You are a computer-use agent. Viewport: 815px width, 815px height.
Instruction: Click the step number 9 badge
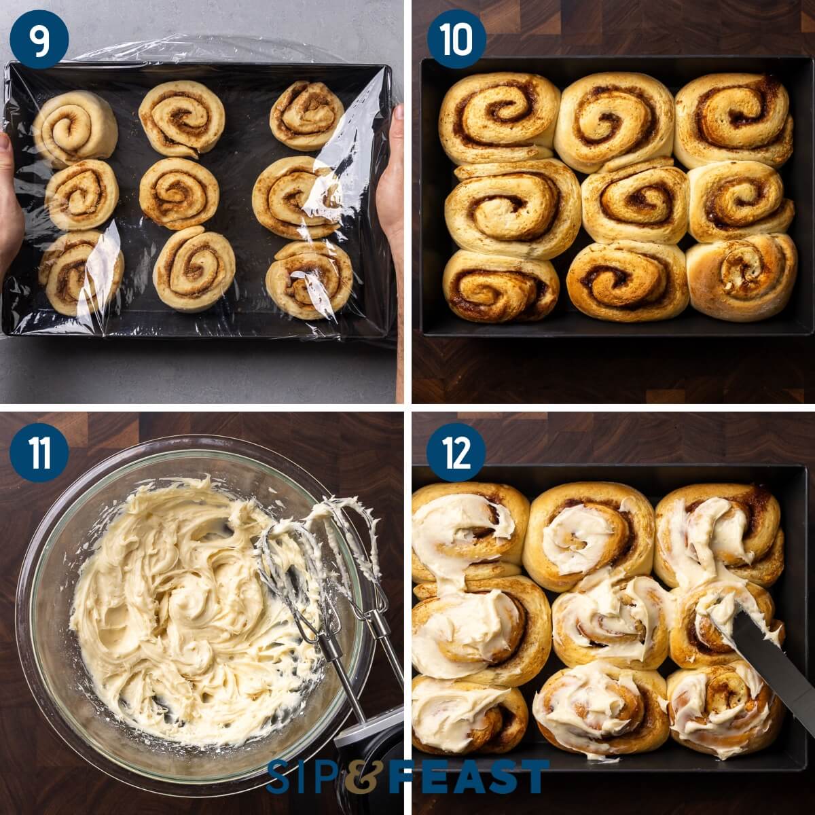point(39,39)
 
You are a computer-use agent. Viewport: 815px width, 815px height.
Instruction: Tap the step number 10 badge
point(456,39)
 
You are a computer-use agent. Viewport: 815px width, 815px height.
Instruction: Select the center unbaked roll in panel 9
point(179,193)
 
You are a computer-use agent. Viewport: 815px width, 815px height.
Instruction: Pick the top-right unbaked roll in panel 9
point(307,114)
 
